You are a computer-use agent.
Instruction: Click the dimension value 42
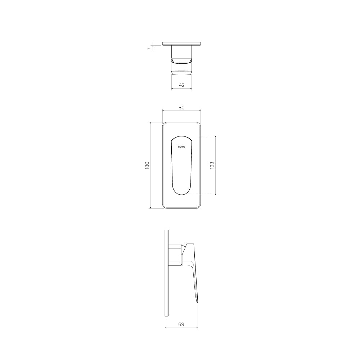pos(181,85)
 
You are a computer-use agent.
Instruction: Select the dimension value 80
pos(181,107)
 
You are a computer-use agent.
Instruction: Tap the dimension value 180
pos(147,166)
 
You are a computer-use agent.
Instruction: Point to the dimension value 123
pos(212,166)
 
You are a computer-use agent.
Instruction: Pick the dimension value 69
pos(181,324)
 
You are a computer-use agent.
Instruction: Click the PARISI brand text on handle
pos(181,147)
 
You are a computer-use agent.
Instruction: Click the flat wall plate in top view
pos(181,44)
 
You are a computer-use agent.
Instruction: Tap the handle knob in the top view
pos(181,68)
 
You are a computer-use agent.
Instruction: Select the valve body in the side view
pos(175,255)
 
